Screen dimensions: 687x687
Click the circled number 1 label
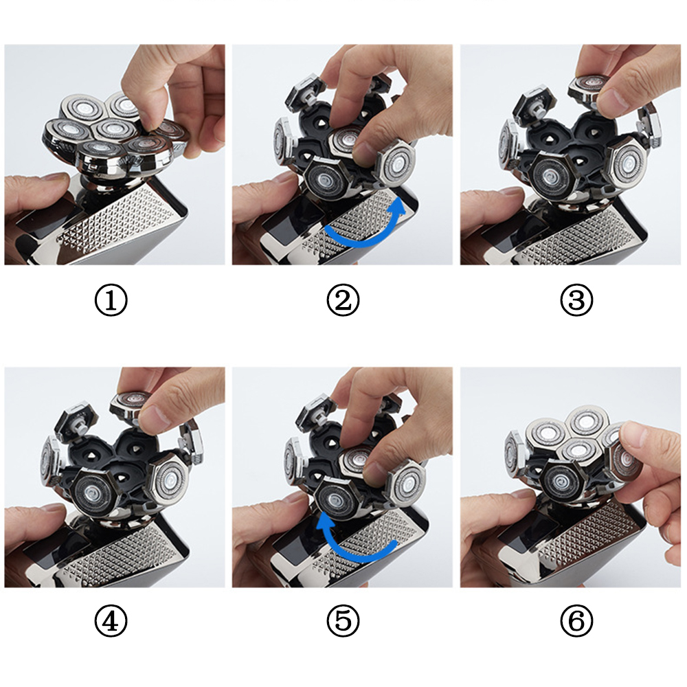(x=111, y=300)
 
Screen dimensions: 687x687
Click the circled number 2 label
(x=343, y=300)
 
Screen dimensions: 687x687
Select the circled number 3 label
(x=576, y=300)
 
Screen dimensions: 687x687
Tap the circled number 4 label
(x=111, y=621)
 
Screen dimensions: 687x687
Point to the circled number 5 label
(x=343, y=621)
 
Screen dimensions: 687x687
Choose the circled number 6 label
(x=576, y=621)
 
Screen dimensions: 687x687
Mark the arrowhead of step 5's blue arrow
(x=326, y=523)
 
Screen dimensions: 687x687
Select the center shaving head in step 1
(x=114, y=129)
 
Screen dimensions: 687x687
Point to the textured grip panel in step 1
(x=118, y=219)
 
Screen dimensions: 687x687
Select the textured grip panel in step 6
(x=587, y=539)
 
